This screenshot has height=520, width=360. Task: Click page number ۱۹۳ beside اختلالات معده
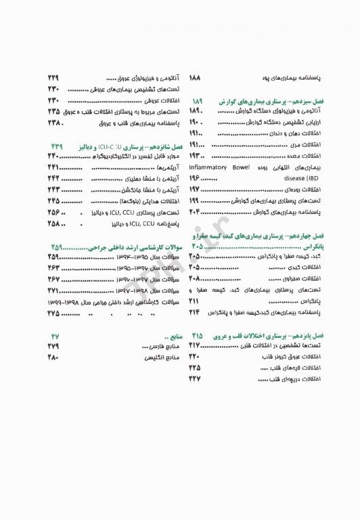(x=196, y=156)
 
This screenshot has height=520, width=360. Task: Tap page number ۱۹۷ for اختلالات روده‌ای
(x=196, y=190)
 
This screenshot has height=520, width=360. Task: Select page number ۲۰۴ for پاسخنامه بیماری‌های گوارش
(x=196, y=213)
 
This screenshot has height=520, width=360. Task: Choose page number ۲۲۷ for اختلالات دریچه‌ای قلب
(x=196, y=378)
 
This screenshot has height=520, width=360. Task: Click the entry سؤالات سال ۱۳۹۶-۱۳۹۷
(x=129, y=279)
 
